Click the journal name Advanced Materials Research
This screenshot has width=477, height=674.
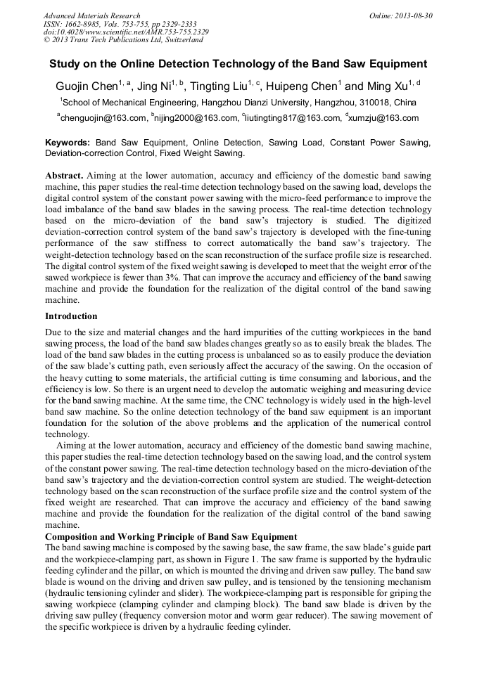pos(91,15)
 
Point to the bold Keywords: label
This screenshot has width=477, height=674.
pos(68,143)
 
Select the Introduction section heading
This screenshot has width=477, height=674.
pos(71,316)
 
